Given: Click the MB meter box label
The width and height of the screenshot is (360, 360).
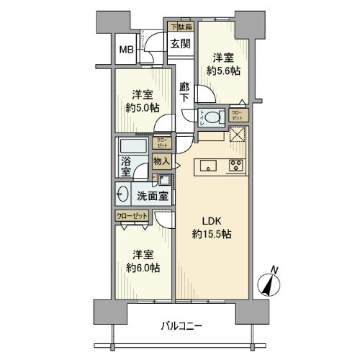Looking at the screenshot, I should [126, 50].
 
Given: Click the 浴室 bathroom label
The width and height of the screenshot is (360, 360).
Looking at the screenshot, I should [125, 166].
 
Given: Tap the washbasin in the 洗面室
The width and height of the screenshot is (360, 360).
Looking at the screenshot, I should [122, 194].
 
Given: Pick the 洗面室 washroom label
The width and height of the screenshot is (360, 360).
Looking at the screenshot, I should [153, 194].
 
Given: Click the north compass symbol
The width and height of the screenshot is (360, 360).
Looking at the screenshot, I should [270, 283].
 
